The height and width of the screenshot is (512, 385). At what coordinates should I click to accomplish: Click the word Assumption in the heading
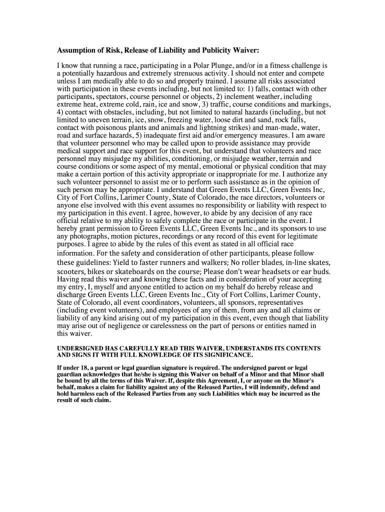click(x=76, y=50)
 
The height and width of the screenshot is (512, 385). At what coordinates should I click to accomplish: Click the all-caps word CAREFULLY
click(x=131, y=348)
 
